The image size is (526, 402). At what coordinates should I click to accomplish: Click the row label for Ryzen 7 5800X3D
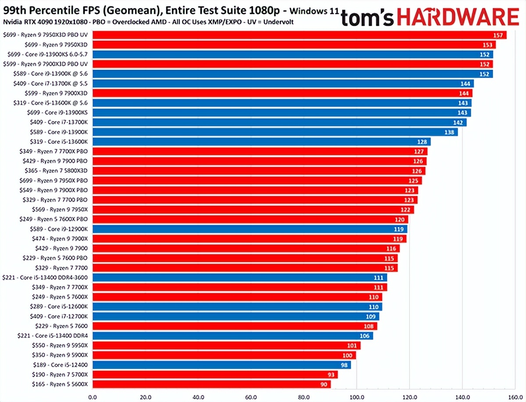coord(58,171)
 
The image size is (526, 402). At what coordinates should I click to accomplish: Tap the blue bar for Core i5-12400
coord(221,365)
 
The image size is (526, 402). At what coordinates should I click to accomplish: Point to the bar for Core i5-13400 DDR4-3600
coord(239,277)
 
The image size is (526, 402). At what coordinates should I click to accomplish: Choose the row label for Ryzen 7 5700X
coord(60,374)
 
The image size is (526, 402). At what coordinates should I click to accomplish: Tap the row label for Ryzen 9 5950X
coord(60,345)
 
